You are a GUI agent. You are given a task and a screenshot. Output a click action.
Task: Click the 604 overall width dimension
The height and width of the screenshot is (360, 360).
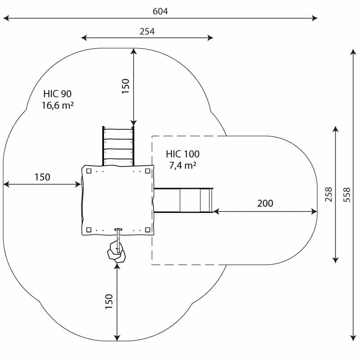[x=160, y=11]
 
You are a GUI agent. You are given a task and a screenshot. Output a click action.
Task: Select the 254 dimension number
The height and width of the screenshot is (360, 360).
[x=147, y=31]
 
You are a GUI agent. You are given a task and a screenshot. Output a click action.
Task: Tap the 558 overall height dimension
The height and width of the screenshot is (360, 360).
[x=347, y=195]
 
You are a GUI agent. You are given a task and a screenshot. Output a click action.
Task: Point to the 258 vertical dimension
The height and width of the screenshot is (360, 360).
[x=328, y=194]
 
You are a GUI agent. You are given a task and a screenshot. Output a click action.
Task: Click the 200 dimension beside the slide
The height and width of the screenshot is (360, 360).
[x=265, y=203]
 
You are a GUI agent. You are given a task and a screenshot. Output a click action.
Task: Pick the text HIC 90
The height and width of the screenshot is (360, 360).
[x=58, y=94]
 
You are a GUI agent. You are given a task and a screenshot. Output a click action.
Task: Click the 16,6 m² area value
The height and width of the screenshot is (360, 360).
[x=58, y=105]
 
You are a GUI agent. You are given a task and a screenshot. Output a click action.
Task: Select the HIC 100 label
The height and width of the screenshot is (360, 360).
[x=183, y=154]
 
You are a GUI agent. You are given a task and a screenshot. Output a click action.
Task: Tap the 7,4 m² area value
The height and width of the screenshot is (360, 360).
[x=183, y=165]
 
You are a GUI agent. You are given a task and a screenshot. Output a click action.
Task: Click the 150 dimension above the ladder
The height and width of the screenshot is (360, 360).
[x=126, y=86]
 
